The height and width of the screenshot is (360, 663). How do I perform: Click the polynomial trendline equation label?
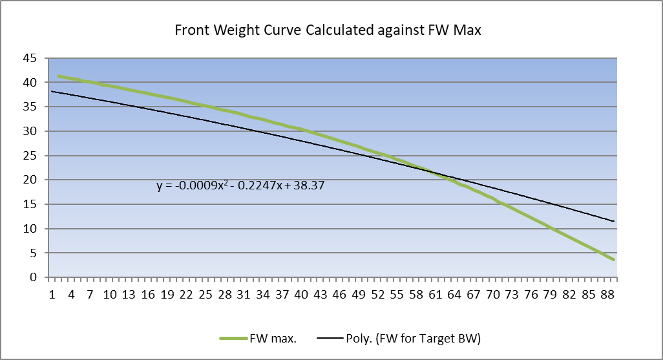(240, 185)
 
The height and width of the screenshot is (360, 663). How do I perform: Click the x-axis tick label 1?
(52, 294)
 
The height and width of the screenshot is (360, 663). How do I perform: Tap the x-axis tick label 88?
(607, 294)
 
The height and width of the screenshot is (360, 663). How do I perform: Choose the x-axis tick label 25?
(205, 294)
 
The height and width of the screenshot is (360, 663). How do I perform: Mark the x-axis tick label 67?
(473, 294)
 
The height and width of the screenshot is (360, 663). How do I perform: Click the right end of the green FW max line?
(613, 259)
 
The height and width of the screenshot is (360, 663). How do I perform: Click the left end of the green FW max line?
(59, 76)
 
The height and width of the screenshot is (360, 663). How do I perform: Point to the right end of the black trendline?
(613, 221)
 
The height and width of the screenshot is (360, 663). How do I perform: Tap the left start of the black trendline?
(52, 91)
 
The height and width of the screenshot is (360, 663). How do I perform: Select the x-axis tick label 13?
(129, 294)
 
